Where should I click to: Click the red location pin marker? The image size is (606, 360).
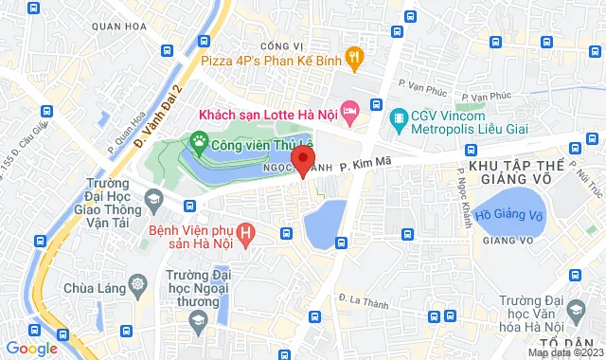pos(302,158)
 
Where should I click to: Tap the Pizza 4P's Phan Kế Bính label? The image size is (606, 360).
pos(271,61)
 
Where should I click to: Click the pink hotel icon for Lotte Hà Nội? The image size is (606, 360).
pos(349,113)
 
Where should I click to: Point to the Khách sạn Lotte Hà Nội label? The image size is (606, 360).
pos(267,114)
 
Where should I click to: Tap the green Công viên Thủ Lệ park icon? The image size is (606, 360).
pos(199,144)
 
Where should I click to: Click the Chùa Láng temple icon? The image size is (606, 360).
pos(139,285)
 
